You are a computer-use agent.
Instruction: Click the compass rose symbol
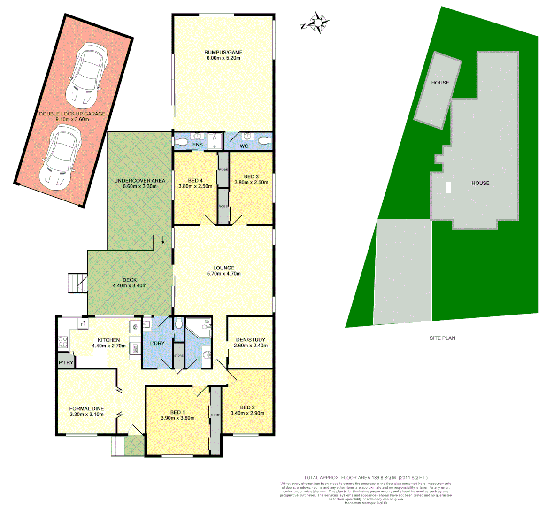coord(319,22)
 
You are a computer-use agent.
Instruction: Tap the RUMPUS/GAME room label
coord(223,52)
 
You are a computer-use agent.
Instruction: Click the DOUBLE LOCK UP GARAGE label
coord(72,114)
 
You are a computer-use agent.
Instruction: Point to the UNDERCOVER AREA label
coord(139,181)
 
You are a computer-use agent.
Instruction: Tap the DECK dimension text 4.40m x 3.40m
coord(130,285)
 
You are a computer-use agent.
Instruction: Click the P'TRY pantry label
coord(65,363)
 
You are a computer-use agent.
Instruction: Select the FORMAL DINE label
coord(86,408)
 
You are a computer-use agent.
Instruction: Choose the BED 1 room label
coord(177,412)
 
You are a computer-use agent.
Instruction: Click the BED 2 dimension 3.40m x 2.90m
coord(247,413)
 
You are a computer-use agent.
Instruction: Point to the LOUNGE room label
coord(223,268)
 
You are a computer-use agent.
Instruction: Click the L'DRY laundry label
coord(157,343)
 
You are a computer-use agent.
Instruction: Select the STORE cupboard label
coord(178,356)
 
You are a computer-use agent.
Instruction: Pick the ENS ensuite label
coord(198,145)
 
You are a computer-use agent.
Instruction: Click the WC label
coord(244,146)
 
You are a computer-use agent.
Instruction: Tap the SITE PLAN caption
coord(442,338)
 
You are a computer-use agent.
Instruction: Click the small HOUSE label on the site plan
coord(440,83)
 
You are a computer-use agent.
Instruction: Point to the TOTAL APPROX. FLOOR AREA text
coord(366,477)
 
